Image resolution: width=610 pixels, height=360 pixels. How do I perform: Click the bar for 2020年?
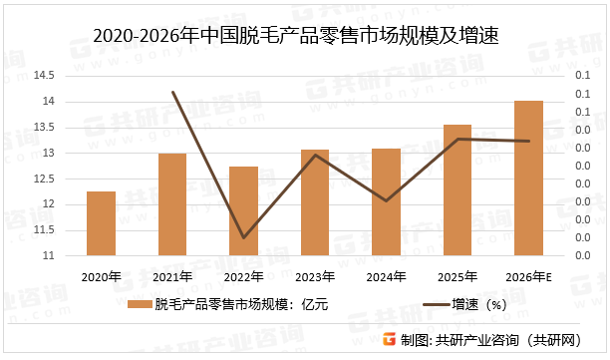[101, 223]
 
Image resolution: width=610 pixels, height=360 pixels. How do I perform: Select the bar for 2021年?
[172, 204]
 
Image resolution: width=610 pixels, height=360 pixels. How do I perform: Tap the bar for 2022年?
[244, 211]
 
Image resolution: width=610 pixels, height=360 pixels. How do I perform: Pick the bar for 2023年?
[315, 202]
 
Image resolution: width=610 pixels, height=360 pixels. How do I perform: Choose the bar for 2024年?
[387, 202]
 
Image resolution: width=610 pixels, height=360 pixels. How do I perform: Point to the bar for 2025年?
[457, 190]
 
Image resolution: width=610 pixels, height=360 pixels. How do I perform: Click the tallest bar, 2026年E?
[529, 179]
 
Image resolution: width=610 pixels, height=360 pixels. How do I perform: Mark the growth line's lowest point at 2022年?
[244, 237]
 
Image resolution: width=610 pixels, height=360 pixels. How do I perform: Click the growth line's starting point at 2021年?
[172, 93]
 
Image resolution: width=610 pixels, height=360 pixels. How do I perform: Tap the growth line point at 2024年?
[387, 200]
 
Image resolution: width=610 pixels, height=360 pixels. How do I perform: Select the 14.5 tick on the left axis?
[46, 76]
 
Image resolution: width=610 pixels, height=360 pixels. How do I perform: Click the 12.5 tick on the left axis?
[46, 179]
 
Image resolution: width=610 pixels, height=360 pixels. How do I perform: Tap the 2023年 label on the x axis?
[315, 276]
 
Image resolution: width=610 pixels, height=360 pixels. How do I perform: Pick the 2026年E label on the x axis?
[530, 276]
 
